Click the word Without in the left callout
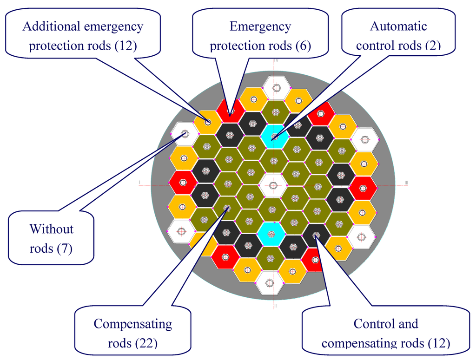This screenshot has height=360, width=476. [52, 229]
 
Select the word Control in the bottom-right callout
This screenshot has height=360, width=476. [386, 324]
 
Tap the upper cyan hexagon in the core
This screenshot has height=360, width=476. [275, 137]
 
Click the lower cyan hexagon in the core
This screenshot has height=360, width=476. [272, 233]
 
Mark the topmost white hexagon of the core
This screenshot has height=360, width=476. [277, 88]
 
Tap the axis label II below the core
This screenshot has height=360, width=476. [275, 306]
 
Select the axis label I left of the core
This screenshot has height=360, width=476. [139, 183]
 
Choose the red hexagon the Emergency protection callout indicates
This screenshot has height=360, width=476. [231, 111]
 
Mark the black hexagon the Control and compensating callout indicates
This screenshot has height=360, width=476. [316, 235]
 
